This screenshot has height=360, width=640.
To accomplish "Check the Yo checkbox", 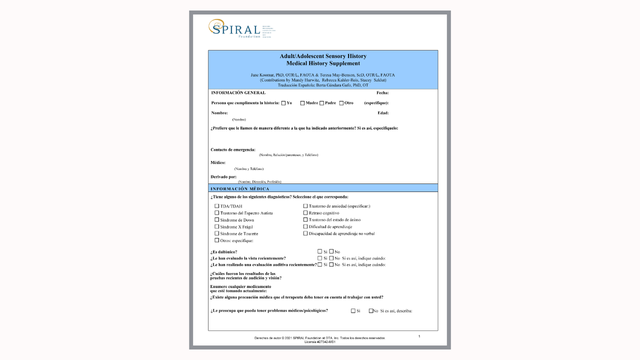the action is click(x=282, y=102).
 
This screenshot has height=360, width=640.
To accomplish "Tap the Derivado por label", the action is click(x=224, y=176).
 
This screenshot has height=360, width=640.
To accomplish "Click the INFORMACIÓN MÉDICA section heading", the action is click(x=241, y=188).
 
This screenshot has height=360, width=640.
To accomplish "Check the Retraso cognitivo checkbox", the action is click(x=304, y=213).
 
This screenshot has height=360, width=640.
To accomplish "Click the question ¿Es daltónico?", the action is click(x=225, y=251).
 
